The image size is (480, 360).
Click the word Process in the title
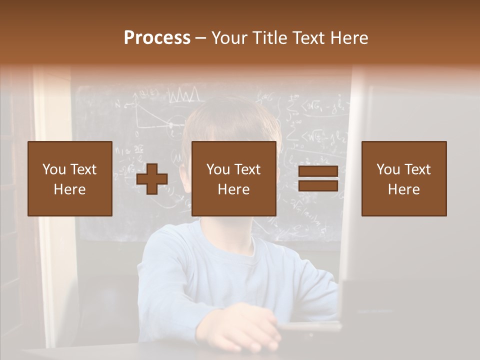click(x=157, y=37)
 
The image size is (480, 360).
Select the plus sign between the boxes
click(x=152, y=179)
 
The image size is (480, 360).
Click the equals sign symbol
click(x=318, y=179)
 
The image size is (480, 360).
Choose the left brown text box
click(x=70, y=178)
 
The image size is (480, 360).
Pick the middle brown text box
click(x=234, y=178)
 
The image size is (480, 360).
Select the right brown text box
click(x=404, y=178)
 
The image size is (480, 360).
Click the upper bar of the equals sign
click(x=318, y=172)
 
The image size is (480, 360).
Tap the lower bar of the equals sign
click(x=318, y=185)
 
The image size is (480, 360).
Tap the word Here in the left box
click(x=70, y=189)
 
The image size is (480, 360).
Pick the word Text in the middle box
click(x=247, y=169)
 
